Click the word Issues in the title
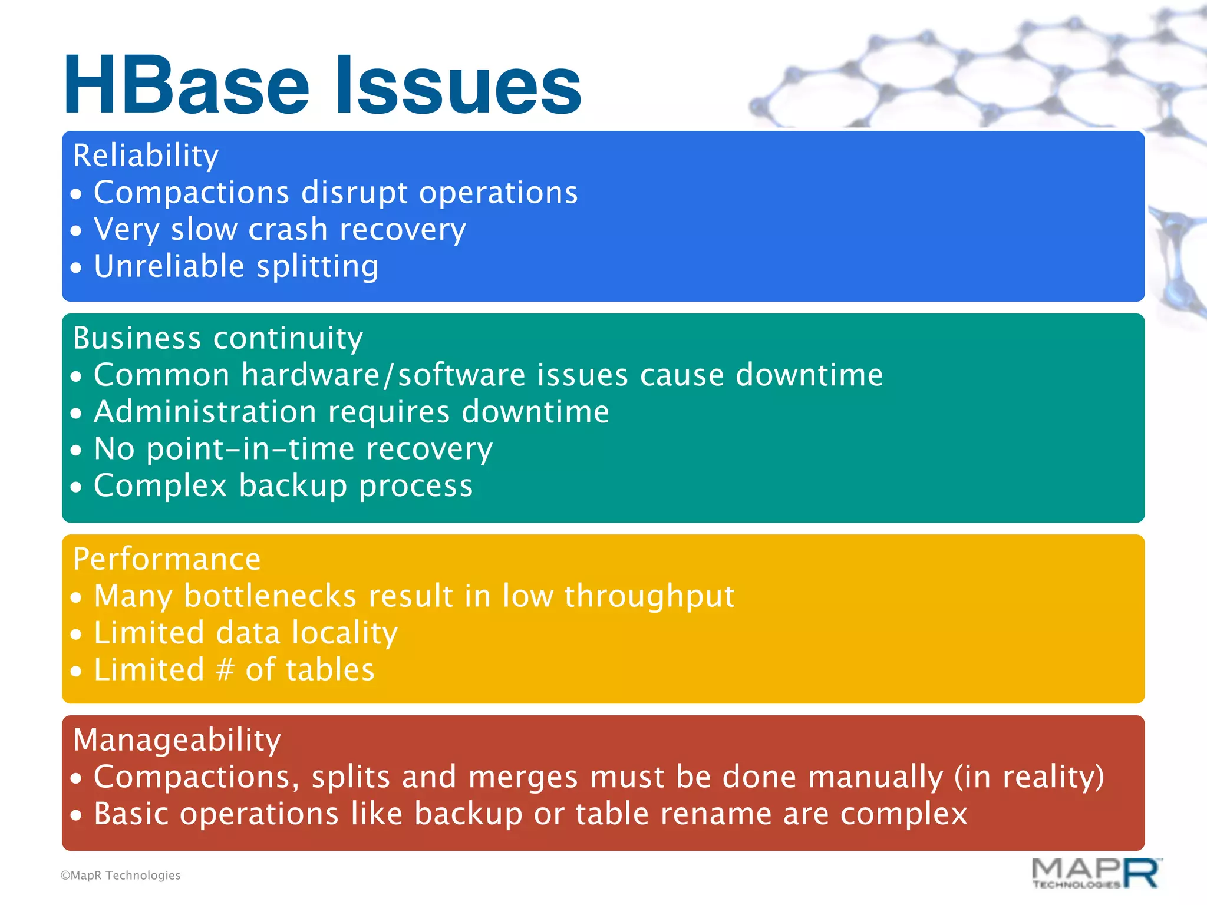[459, 85]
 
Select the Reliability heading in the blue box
[146, 156]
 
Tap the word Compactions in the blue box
[192, 193]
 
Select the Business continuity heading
[217, 339]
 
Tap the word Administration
[205, 412]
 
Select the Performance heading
[167, 559]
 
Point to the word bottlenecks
[270, 596]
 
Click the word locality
[345, 633]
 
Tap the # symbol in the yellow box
[225, 670]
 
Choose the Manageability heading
[177, 740]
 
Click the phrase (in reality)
[1029, 777]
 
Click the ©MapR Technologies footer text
[120, 876]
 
